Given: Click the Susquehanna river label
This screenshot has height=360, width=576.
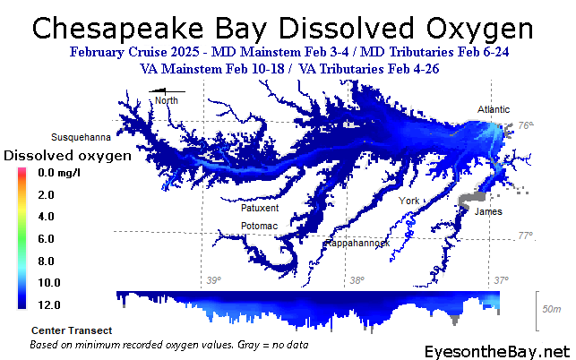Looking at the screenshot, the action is [81, 137].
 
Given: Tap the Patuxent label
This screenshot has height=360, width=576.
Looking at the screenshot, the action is [260, 208].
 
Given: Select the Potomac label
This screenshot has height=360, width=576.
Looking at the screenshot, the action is [259, 226].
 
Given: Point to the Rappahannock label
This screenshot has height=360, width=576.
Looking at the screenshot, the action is [357, 244].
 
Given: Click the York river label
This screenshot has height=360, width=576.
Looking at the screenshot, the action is [408, 201].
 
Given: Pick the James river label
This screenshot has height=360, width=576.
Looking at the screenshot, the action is [488, 211].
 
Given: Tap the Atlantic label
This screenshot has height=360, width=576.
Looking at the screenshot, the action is [494, 109].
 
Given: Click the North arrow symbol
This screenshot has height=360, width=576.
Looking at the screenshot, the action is [167, 91].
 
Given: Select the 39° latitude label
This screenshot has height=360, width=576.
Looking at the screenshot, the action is [214, 280].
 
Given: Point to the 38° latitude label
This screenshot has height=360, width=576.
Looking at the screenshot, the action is [357, 280].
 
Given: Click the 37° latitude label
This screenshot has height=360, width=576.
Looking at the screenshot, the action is [501, 280].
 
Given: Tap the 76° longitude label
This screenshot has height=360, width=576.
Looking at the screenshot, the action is [526, 125].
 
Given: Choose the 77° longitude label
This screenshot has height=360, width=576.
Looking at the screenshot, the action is [526, 236].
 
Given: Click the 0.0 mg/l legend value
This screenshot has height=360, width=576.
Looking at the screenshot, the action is [59, 173].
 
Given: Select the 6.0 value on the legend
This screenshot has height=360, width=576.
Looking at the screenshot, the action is [47, 239].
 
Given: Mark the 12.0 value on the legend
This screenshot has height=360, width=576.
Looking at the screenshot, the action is [49, 304].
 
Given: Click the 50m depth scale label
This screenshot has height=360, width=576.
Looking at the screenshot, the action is [552, 309].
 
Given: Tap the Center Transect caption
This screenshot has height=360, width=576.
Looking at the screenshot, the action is [72, 330].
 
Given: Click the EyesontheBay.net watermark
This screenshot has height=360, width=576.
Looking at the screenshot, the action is [497, 352].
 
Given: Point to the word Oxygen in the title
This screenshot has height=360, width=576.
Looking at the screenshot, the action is [479, 29].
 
